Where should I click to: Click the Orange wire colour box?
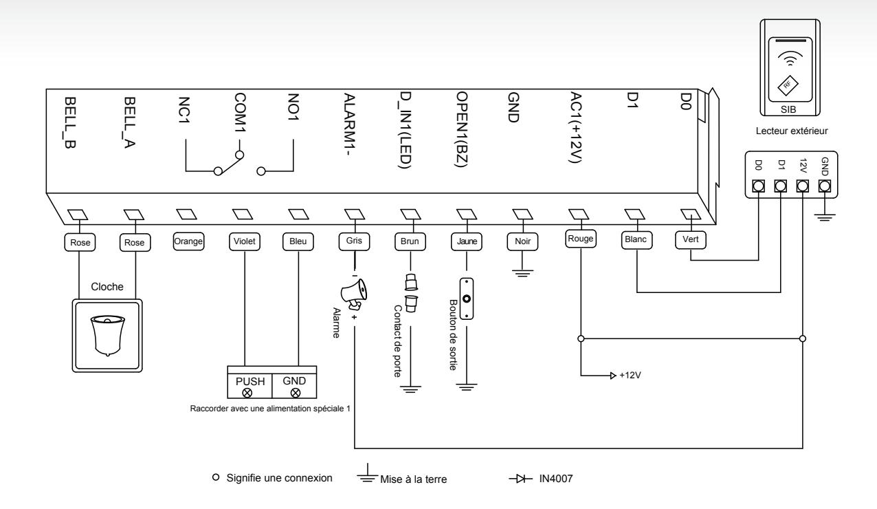pos(188,241)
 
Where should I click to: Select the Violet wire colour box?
pos(244,241)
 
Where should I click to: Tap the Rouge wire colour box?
pos(581,239)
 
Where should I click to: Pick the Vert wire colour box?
pos(690,239)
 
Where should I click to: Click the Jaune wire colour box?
pos(466,241)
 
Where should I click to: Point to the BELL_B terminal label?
pos(69,122)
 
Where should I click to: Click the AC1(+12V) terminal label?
pos(575,127)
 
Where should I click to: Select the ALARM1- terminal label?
pos(349,124)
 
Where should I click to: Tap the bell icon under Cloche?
pos(108,336)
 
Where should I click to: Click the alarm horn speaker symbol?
pos(353,293)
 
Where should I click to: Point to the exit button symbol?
pos(466,299)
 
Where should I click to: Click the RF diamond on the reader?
pos(788,85)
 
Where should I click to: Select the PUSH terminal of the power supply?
pos(249,387)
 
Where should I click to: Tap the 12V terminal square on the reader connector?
pos(803,186)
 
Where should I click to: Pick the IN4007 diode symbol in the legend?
pos(520,479)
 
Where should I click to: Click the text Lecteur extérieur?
pos(792,131)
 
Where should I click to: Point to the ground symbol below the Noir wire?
pos(522,273)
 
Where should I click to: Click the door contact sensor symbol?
pos(411,293)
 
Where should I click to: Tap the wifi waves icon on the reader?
pos(788,58)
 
